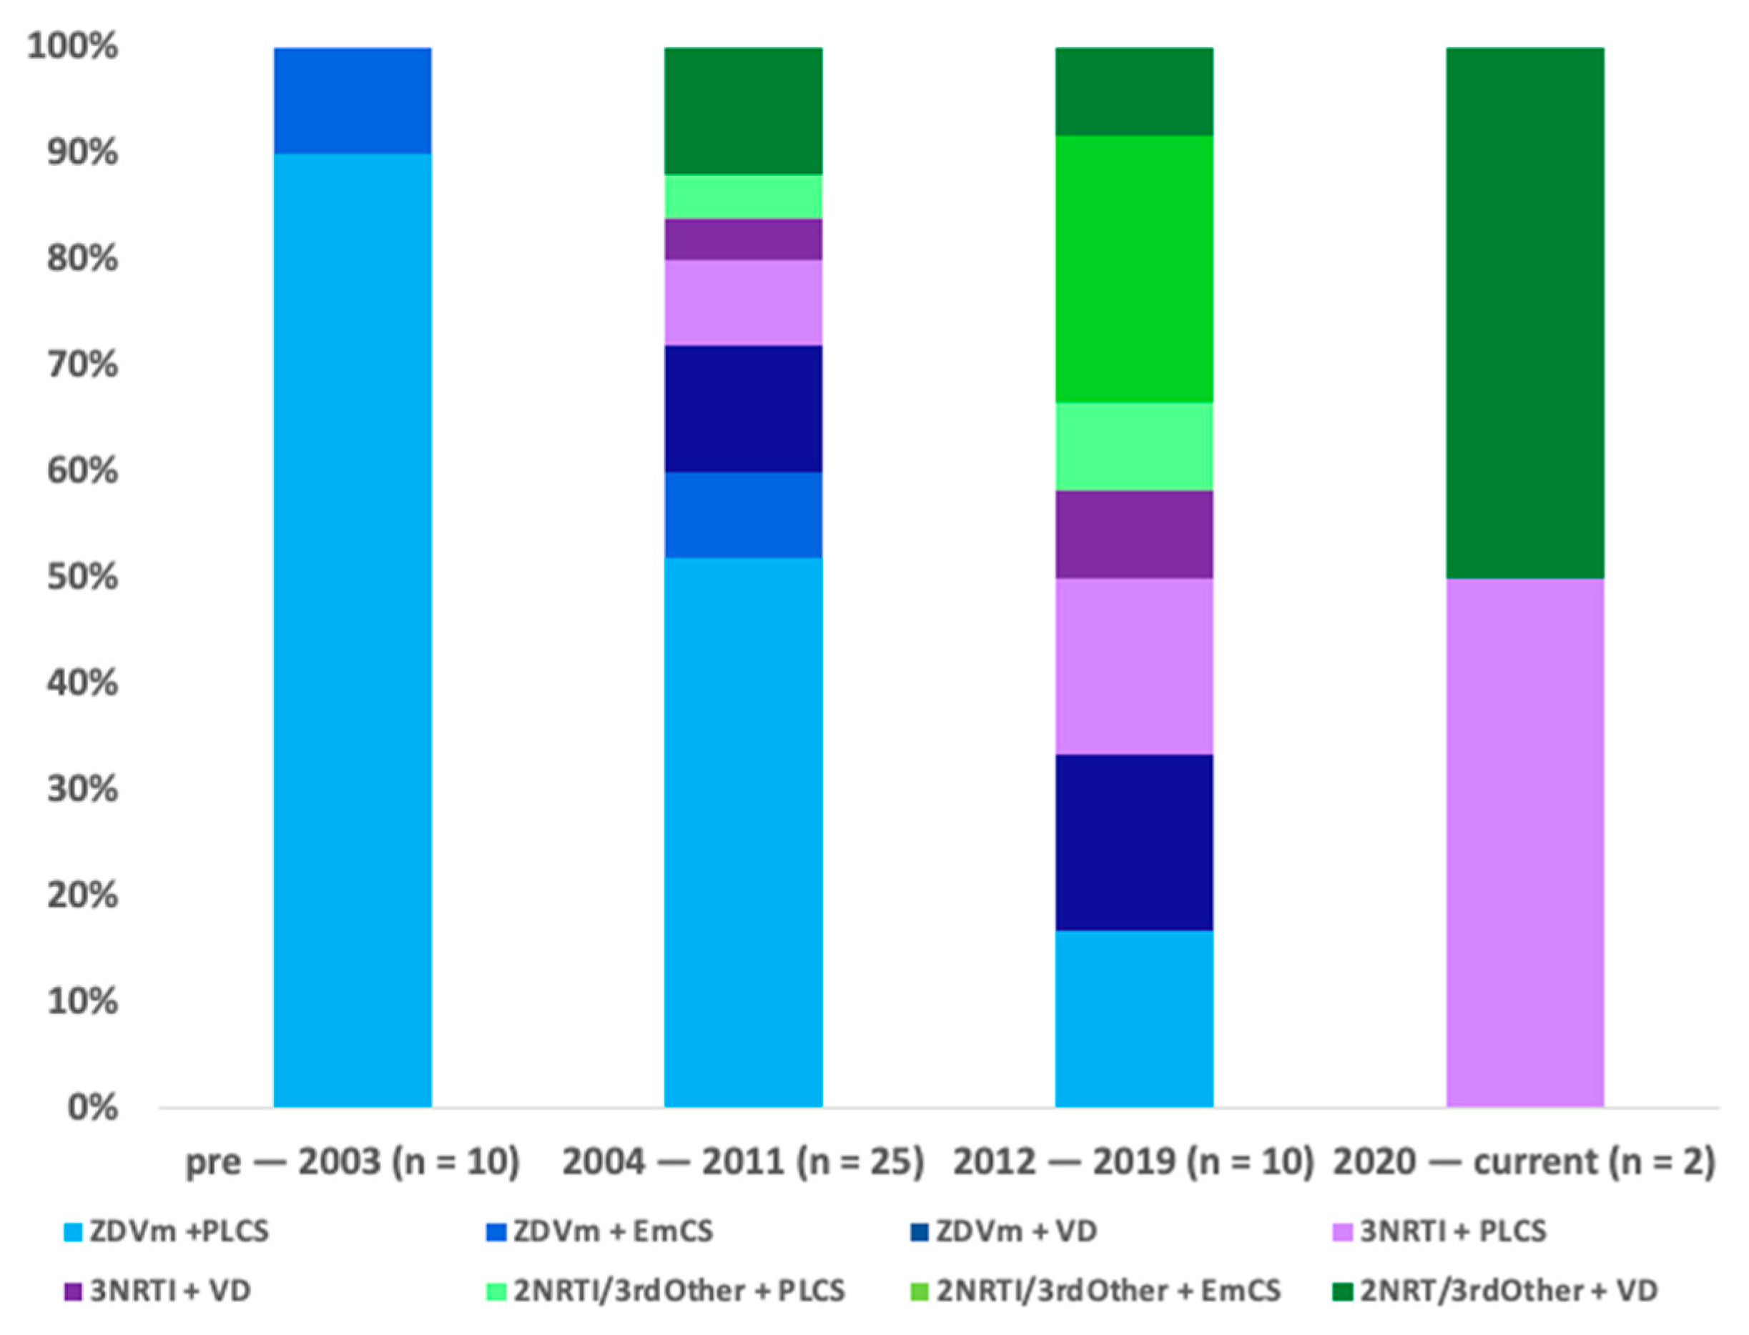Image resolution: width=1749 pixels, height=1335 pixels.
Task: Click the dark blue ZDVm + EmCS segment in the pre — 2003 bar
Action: coord(353,100)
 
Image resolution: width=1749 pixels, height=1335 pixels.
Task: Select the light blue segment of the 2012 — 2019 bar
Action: coord(1133,1018)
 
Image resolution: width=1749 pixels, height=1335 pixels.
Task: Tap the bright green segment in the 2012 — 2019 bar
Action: coord(1133,269)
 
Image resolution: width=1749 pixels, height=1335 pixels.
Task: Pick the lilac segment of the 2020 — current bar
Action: coord(1524,843)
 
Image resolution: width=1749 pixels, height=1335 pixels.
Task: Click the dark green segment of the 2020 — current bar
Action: coord(1524,312)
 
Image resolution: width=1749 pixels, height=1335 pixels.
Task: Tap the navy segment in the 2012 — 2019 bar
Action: coord(1133,843)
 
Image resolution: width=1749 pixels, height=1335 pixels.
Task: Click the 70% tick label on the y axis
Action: coord(83,365)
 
